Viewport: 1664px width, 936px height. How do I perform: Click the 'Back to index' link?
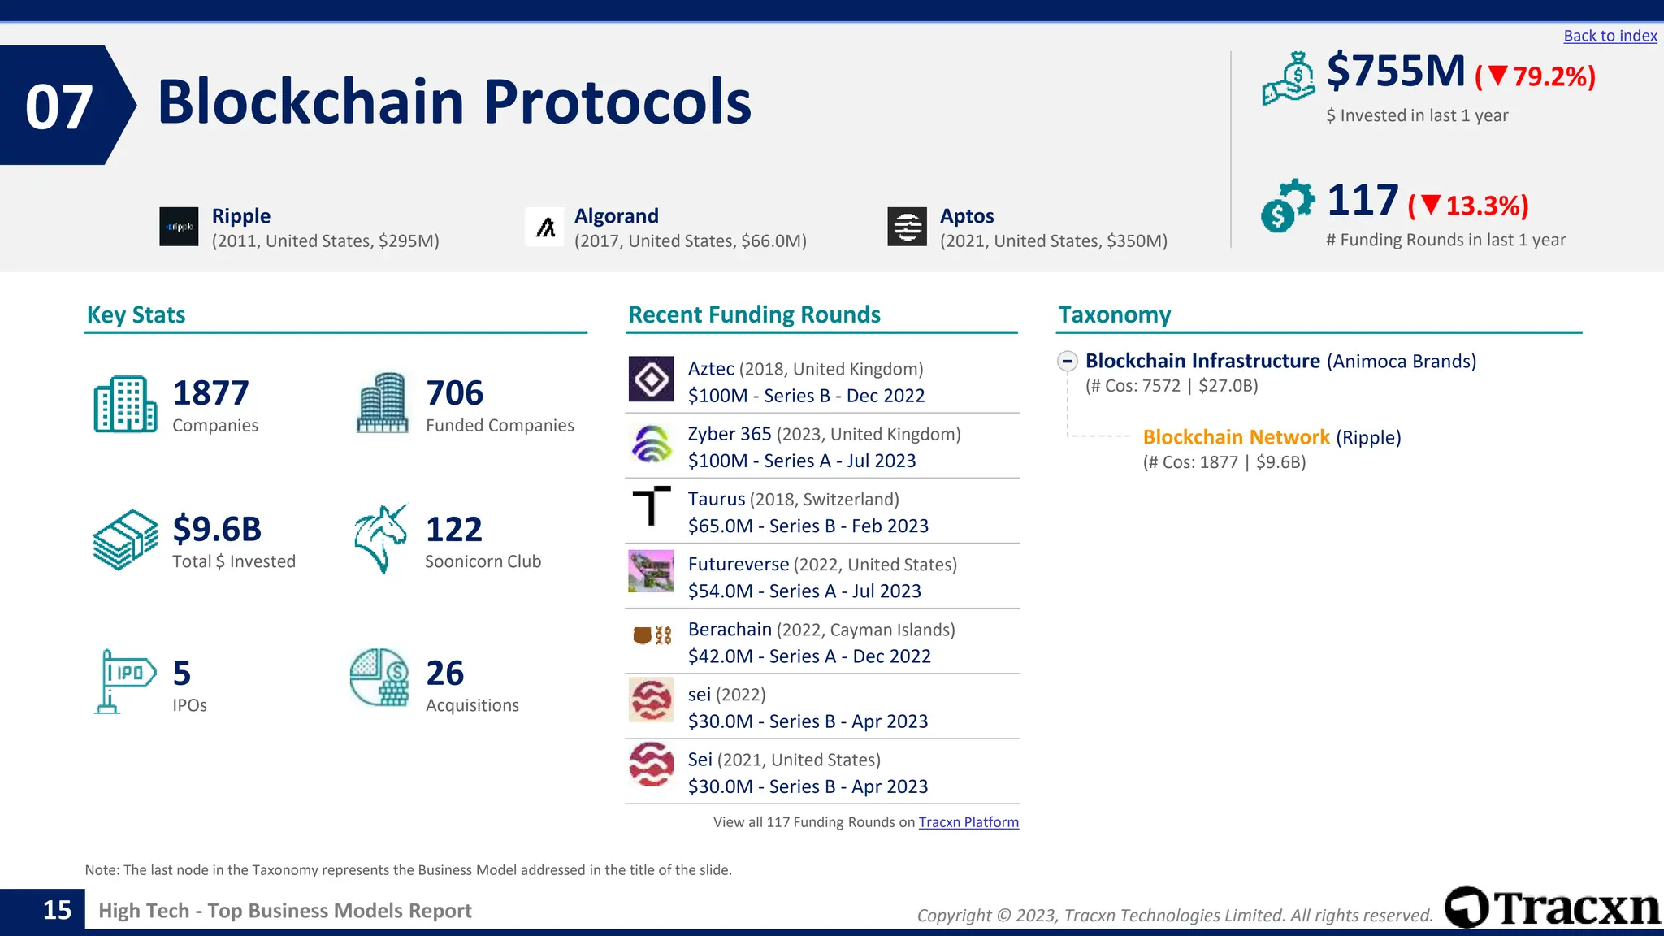click(x=1610, y=36)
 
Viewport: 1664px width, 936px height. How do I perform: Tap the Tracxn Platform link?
click(x=968, y=822)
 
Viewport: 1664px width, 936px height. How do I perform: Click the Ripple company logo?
click(x=179, y=227)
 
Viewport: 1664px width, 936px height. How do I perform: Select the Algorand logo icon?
click(x=545, y=227)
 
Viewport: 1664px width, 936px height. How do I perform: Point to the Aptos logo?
click(x=907, y=227)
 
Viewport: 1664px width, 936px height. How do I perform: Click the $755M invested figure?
click(x=1395, y=71)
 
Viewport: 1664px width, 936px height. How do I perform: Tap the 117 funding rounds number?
click(x=1363, y=201)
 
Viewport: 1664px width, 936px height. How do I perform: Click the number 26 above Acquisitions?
click(x=445, y=674)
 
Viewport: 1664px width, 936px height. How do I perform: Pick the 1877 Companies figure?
click(x=210, y=393)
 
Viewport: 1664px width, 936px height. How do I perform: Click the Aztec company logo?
click(x=651, y=379)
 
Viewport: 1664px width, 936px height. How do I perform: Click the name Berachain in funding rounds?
click(x=729, y=630)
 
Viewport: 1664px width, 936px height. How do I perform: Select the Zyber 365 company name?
click(x=729, y=434)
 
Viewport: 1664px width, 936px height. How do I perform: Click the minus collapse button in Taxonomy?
click(x=1068, y=361)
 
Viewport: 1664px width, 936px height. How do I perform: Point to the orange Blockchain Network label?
click(x=1236, y=437)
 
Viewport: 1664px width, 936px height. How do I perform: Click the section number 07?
click(x=58, y=106)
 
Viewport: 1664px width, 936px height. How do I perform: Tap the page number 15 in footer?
click(x=57, y=910)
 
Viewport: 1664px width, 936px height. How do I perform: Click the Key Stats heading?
click(x=136, y=315)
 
